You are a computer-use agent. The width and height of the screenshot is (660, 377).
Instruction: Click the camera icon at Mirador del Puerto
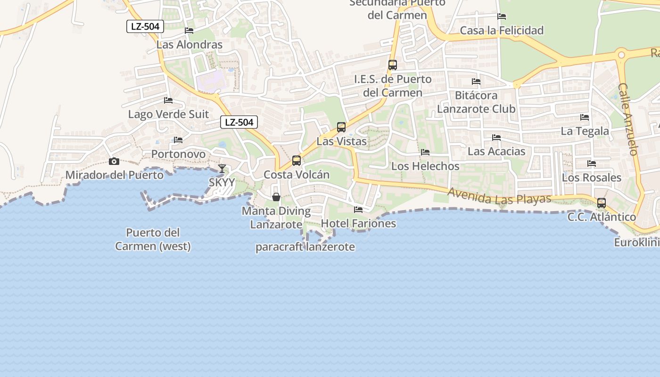click(x=114, y=162)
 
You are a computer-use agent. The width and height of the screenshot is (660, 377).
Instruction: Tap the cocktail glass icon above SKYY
click(x=222, y=168)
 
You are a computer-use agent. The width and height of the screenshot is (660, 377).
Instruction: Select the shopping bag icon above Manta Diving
click(x=276, y=197)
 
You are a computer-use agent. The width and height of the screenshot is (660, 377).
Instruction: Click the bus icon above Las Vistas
click(x=341, y=127)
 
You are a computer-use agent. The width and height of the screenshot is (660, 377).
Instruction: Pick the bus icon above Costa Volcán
click(x=297, y=161)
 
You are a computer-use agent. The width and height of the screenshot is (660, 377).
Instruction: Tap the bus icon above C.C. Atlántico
click(x=602, y=203)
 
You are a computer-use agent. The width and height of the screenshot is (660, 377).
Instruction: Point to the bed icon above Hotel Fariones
click(x=358, y=210)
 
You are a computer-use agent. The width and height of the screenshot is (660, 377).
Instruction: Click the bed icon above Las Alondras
click(x=189, y=31)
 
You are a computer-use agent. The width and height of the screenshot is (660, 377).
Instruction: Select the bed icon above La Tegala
click(x=585, y=117)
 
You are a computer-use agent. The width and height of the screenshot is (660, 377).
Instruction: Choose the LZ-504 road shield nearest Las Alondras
click(x=145, y=26)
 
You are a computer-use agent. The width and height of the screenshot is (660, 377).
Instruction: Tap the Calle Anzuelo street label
click(x=628, y=119)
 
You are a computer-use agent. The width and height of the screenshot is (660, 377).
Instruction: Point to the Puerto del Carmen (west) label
click(x=153, y=239)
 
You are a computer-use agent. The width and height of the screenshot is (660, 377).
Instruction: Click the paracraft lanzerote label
click(x=305, y=247)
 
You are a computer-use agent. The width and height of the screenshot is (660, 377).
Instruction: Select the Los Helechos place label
click(x=425, y=166)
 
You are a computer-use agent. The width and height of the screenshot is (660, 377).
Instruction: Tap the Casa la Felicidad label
click(x=502, y=31)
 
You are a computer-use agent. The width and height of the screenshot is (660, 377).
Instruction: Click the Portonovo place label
click(x=178, y=154)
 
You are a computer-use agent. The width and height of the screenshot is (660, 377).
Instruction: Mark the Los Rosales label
click(x=592, y=178)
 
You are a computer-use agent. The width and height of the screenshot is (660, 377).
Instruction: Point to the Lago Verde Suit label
click(x=168, y=115)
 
